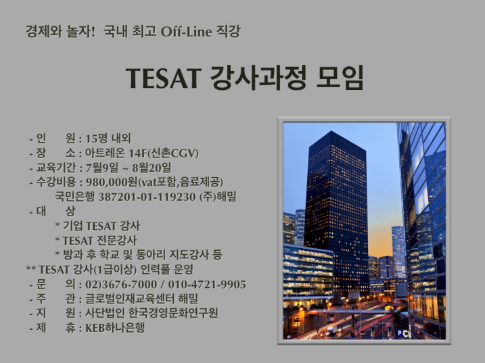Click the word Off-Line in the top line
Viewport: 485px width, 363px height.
[x=186, y=32]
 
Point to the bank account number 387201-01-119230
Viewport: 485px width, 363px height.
[x=147, y=197]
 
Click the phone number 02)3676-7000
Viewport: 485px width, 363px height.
[x=121, y=285]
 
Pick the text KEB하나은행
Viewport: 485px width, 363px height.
[x=115, y=328]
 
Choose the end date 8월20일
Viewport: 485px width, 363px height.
[x=152, y=168]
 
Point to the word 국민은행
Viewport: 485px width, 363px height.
[x=74, y=197]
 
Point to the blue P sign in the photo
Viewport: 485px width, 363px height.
[x=400, y=333]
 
